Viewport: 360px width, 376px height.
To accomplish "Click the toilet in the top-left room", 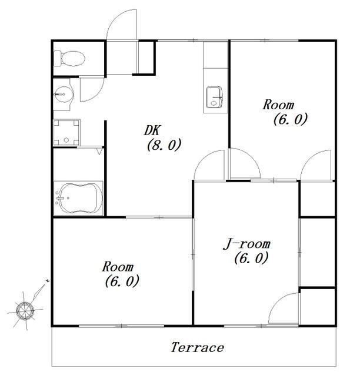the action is pos(69,58).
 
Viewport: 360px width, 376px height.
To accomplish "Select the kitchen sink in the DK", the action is pos(215,98).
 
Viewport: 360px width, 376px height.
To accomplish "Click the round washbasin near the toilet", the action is pos(64,95).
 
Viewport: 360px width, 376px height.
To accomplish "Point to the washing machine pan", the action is pos(66,132).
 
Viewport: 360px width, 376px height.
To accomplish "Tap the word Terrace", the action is pos(198,347).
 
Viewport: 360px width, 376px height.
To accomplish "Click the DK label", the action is pos(152,130).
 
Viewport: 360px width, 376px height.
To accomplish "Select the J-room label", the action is pos(247,244).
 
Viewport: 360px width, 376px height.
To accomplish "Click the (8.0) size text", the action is pos(164,145).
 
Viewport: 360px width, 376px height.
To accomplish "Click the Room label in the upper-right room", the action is pos(278,105).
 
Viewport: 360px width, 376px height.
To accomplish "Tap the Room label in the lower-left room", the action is pos(118,267).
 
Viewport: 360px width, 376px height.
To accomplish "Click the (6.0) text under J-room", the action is pos(251,258).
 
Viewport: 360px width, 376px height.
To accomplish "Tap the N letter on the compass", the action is pos(48,280).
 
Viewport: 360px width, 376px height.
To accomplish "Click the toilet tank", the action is pos(57,58).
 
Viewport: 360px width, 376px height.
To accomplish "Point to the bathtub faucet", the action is pos(59,198).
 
